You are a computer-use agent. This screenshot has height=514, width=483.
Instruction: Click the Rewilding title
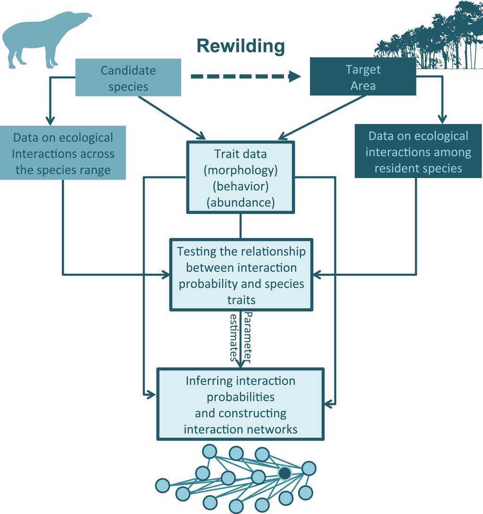pyautogui.click(x=241, y=46)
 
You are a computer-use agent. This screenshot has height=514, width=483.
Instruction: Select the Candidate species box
pyautogui.click(x=128, y=77)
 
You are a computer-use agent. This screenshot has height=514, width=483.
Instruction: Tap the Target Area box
pyautogui.click(x=363, y=77)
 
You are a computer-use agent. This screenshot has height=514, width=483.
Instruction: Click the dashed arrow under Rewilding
pyautogui.click(x=245, y=76)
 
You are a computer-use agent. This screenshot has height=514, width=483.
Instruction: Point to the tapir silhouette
pyautogui.click(x=42, y=38)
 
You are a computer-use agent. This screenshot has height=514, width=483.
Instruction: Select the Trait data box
pyautogui.click(x=241, y=177)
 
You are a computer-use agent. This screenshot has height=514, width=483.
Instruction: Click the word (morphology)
pyautogui.click(x=241, y=170)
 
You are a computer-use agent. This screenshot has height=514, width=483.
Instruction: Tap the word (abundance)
pyautogui.click(x=241, y=202)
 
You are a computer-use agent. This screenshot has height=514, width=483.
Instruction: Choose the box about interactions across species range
pyautogui.click(x=63, y=153)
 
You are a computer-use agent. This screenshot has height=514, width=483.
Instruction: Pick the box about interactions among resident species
pyautogui.click(x=418, y=152)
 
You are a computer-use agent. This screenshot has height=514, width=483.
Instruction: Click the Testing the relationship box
pyautogui.click(x=241, y=275)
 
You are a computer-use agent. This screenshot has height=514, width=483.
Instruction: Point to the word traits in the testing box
pyautogui.click(x=241, y=300)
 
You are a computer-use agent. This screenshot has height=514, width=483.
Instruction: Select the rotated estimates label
pyautogui.click(x=233, y=337)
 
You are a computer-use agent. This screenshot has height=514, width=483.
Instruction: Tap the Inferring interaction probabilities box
pyautogui.click(x=241, y=404)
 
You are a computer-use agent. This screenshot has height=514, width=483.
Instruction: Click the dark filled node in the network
pyautogui.click(x=284, y=473)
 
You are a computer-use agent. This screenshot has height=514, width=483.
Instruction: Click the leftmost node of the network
pyautogui.click(x=162, y=485)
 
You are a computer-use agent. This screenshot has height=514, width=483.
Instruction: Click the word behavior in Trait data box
pyautogui.click(x=241, y=186)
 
